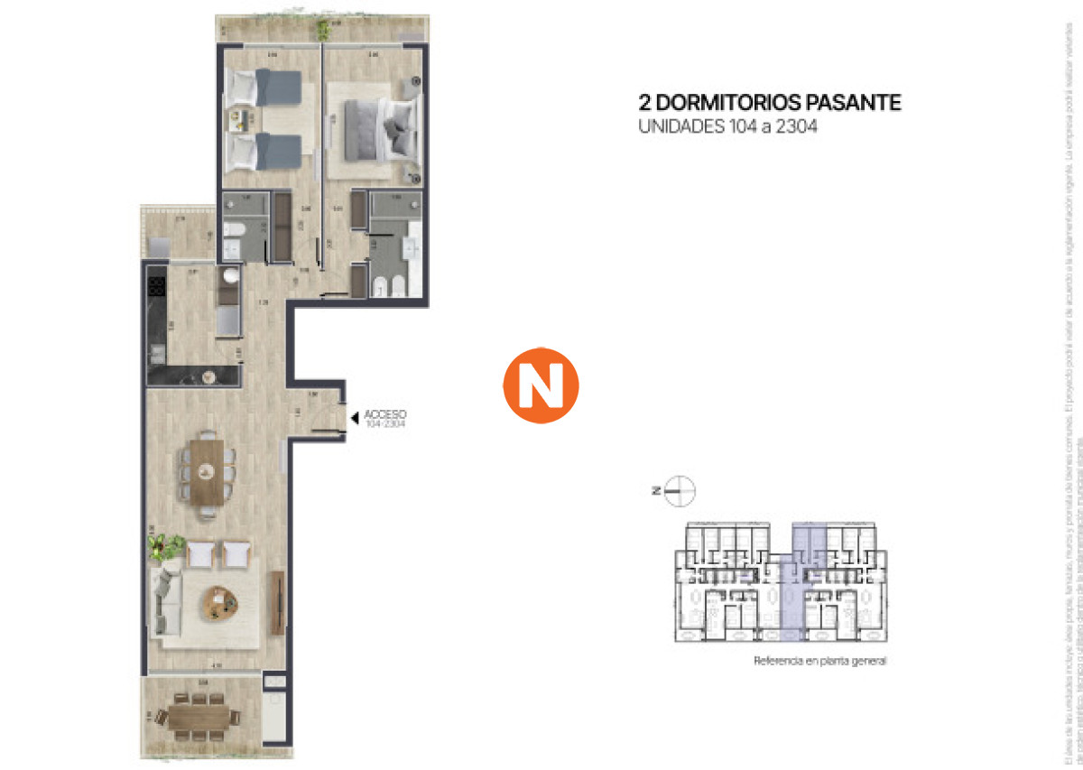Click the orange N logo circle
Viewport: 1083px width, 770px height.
(x=540, y=385)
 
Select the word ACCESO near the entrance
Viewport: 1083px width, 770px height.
(x=385, y=415)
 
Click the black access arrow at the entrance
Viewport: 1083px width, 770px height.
(x=355, y=416)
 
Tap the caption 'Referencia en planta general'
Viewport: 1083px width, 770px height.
(x=819, y=662)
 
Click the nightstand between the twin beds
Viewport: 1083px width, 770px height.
(x=242, y=119)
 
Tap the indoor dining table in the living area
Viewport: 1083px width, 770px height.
(x=208, y=470)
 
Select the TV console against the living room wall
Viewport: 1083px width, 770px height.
(x=276, y=602)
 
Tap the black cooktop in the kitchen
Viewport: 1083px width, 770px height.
(x=155, y=287)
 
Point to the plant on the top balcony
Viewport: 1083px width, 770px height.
(x=322, y=30)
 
